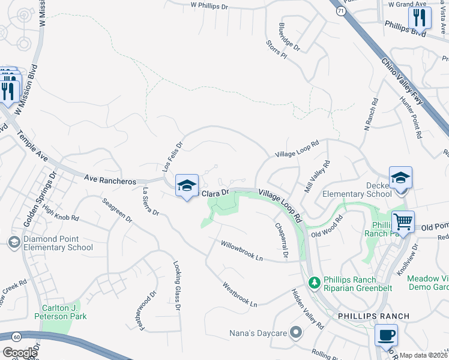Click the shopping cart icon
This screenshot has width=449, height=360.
coord(403,221)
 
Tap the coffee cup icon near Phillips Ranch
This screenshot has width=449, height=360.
coord(386,335)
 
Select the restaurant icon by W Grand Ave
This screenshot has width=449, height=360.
coord(420,17)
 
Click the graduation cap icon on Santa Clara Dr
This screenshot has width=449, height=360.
coord(187,185)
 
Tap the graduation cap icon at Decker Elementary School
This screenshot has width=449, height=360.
coord(400,178)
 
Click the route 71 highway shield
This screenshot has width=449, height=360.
coord(341,11)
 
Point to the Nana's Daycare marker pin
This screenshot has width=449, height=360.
coord(295,332)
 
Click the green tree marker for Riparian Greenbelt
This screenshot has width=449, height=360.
coord(313,282)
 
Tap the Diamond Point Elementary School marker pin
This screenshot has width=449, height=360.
coord(14,242)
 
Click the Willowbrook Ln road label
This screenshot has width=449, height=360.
coord(242,251)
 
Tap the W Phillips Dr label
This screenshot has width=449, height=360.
coord(211,5)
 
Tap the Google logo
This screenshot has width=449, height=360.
coord(19,353)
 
